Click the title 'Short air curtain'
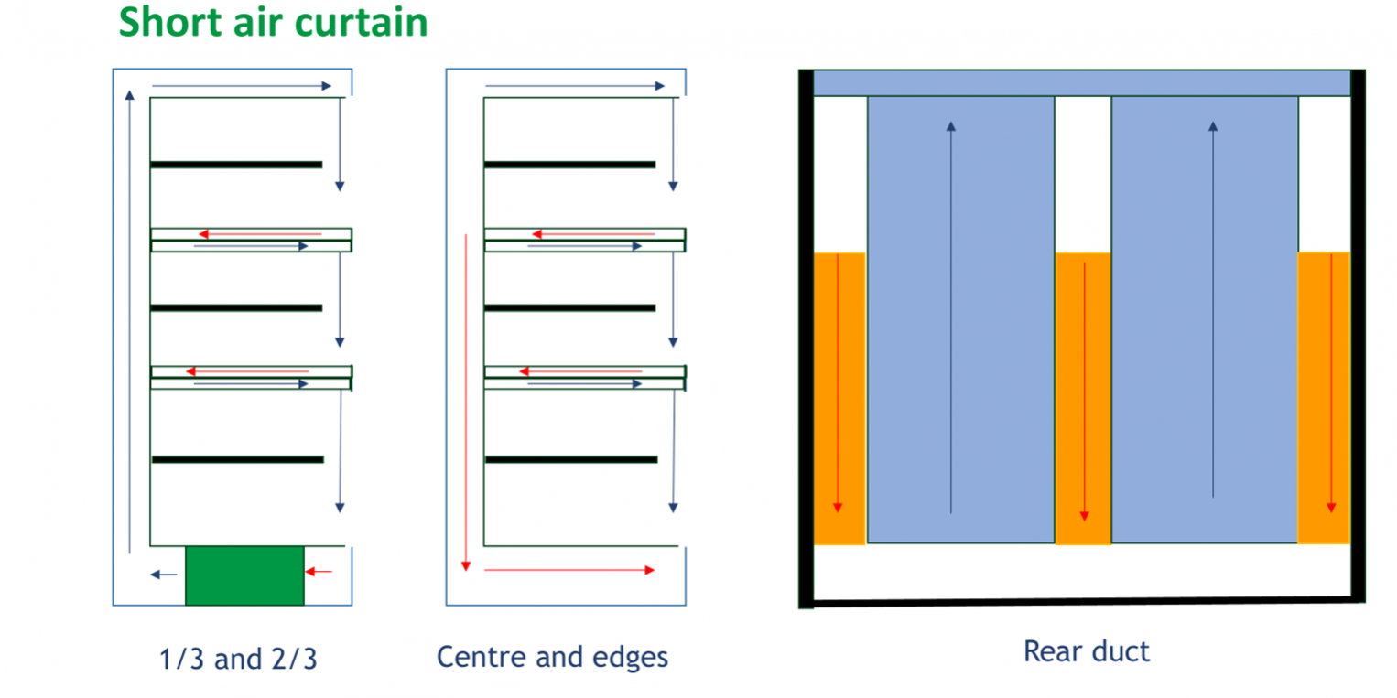click(x=273, y=22)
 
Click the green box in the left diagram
click(x=244, y=575)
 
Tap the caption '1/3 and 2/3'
click(x=239, y=659)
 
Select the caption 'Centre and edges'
click(x=552, y=657)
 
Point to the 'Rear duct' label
click(x=1086, y=651)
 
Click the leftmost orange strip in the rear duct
click(x=839, y=398)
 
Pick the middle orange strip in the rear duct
click(x=1082, y=398)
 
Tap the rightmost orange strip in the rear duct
click(x=1324, y=398)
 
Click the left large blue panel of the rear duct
click(x=960, y=319)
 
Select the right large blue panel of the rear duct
click(x=1204, y=319)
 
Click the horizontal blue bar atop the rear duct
click(x=1081, y=82)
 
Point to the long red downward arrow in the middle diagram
click(x=467, y=403)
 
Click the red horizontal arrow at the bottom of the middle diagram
click(x=569, y=570)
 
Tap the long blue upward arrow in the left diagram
click(x=130, y=320)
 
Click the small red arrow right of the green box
click(x=319, y=572)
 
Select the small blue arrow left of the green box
click(x=164, y=575)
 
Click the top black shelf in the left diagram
click(x=236, y=165)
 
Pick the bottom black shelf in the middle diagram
click(x=570, y=459)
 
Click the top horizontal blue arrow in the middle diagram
click(x=575, y=86)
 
